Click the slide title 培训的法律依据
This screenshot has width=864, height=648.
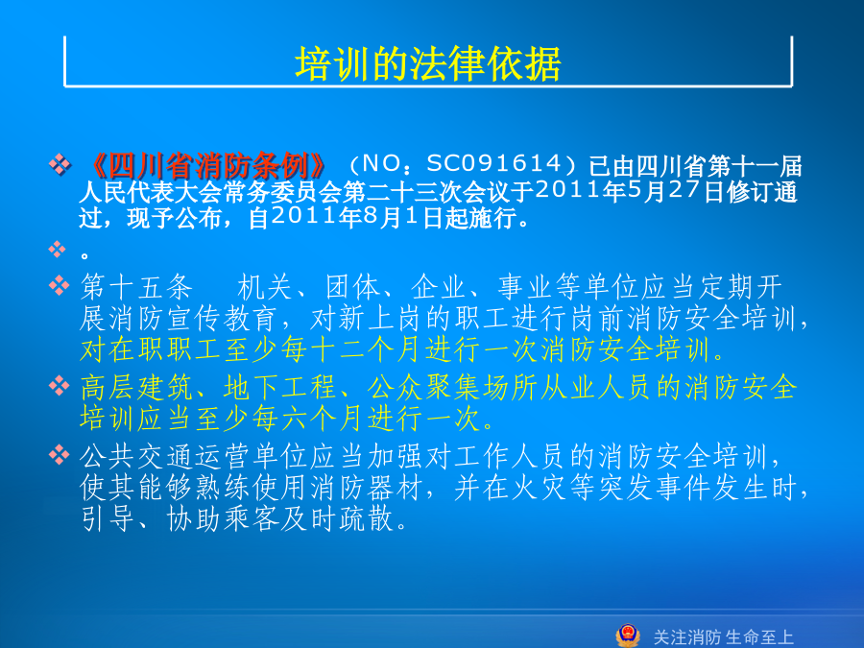tap(427, 64)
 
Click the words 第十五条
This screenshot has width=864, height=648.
tap(136, 287)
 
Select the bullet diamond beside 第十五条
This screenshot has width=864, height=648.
tap(59, 285)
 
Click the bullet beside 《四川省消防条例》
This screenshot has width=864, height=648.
tap(60, 163)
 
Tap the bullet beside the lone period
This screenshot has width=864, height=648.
tap(58, 249)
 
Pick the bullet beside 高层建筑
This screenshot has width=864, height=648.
tap(59, 385)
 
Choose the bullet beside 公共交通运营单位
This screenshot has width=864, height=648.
tap(59, 455)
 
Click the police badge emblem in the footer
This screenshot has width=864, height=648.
tap(628, 636)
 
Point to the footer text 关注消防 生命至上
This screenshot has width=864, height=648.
tap(723, 637)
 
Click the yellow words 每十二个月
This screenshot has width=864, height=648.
tap(338, 349)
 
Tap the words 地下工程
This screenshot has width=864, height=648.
tap(280, 388)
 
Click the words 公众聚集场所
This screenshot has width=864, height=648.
tap(452, 388)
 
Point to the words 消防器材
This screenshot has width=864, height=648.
tap(367, 489)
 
